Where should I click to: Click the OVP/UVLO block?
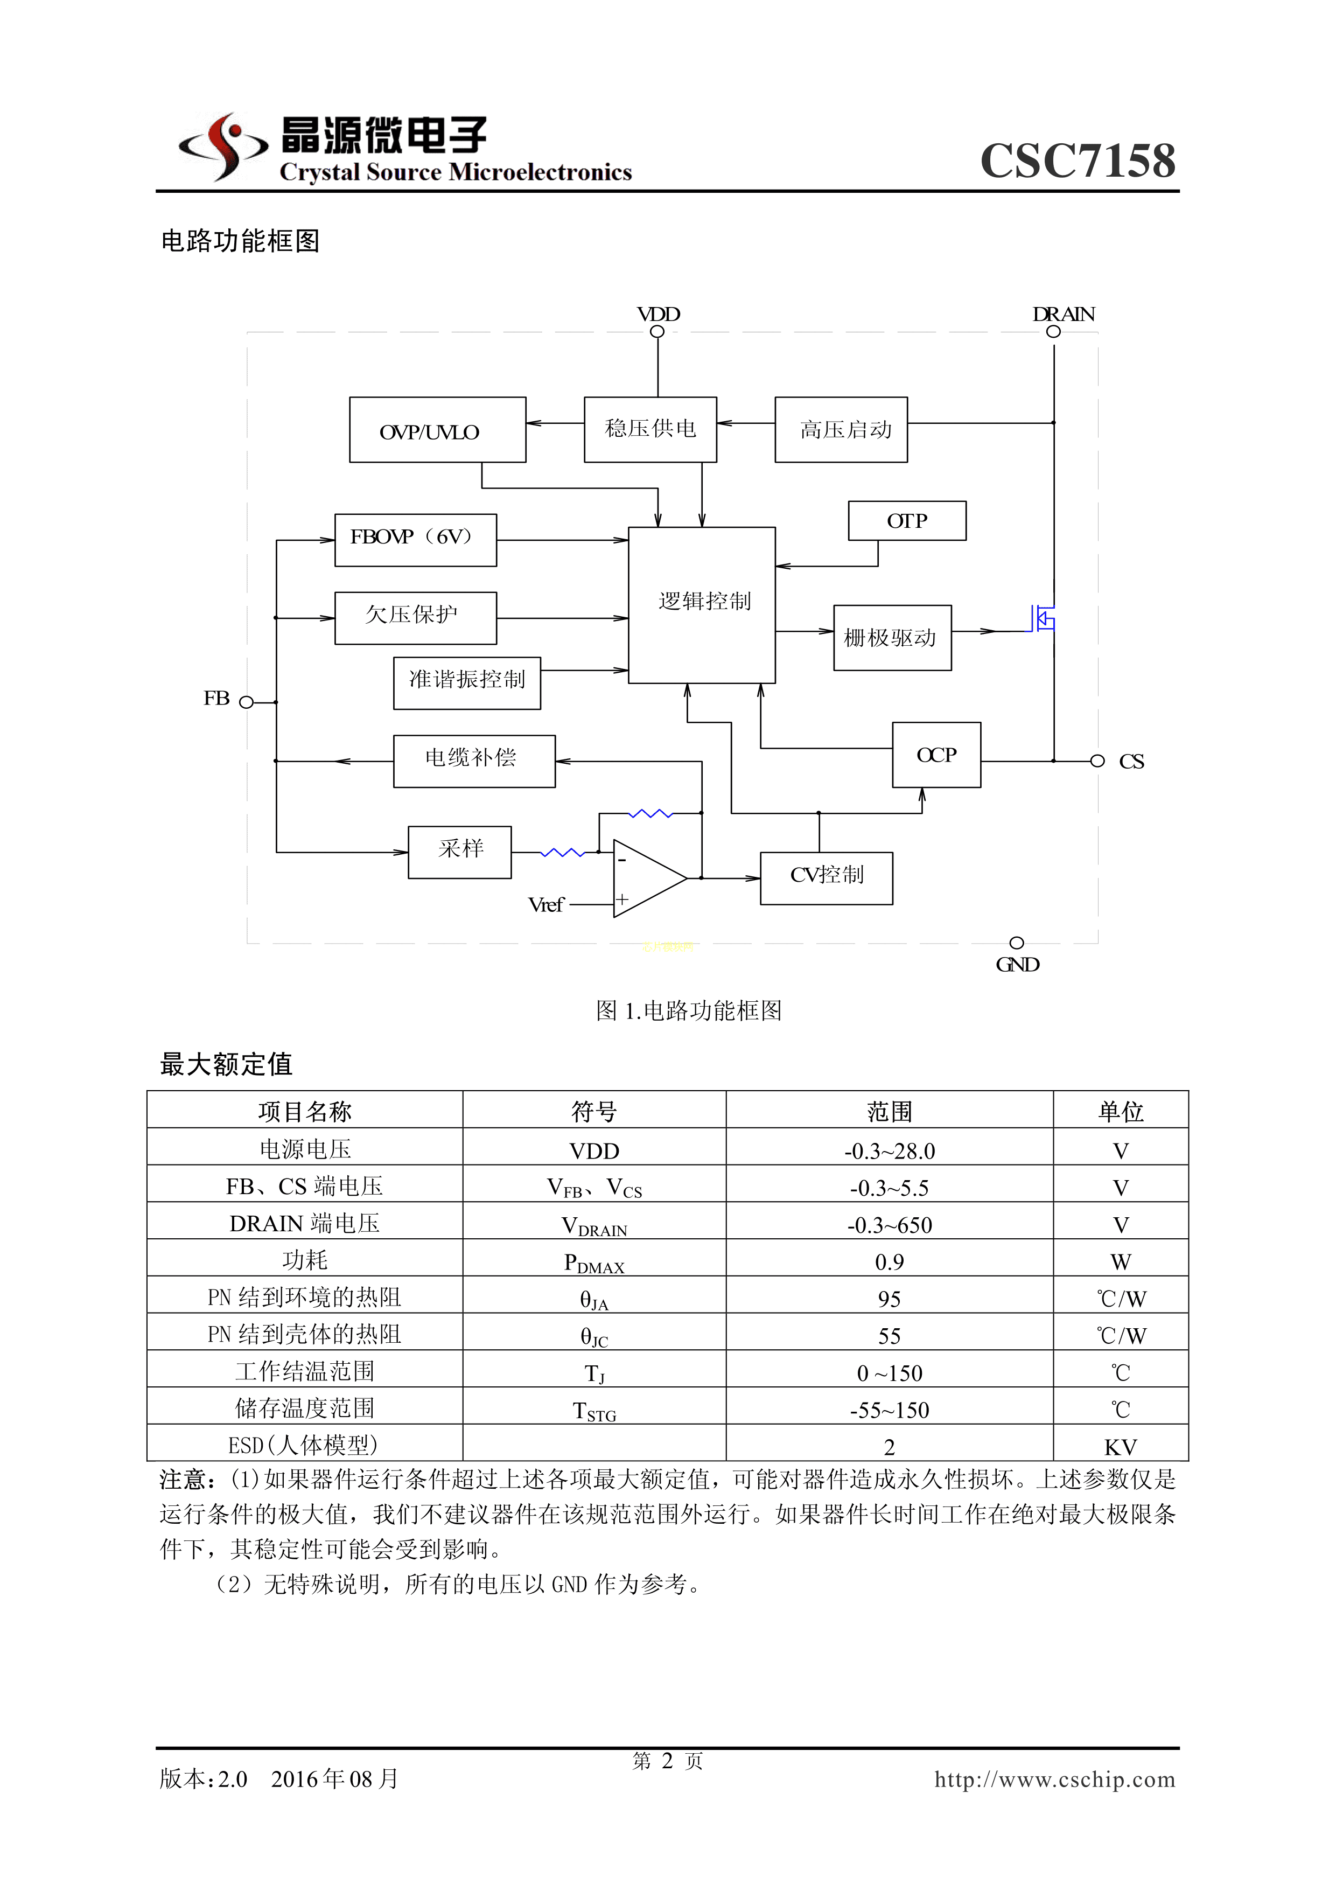pyautogui.click(x=437, y=430)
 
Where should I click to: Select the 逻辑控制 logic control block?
pyautogui.click(x=701, y=604)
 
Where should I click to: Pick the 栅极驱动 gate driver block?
pyautogui.click(x=892, y=638)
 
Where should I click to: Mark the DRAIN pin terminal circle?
pyautogui.click(x=1053, y=332)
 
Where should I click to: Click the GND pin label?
pyautogui.click(x=1017, y=965)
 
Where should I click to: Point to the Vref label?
pyautogui.click(x=545, y=905)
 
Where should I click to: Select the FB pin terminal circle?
pyautogui.click(x=246, y=702)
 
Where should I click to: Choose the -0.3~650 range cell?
pyautogui.click(x=889, y=1225)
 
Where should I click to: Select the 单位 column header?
pyautogui.click(x=1120, y=1111)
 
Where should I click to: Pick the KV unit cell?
pyautogui.click(x=1120, y=1446)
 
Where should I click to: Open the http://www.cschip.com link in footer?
pyautogui.click(x=1054, y=1779)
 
